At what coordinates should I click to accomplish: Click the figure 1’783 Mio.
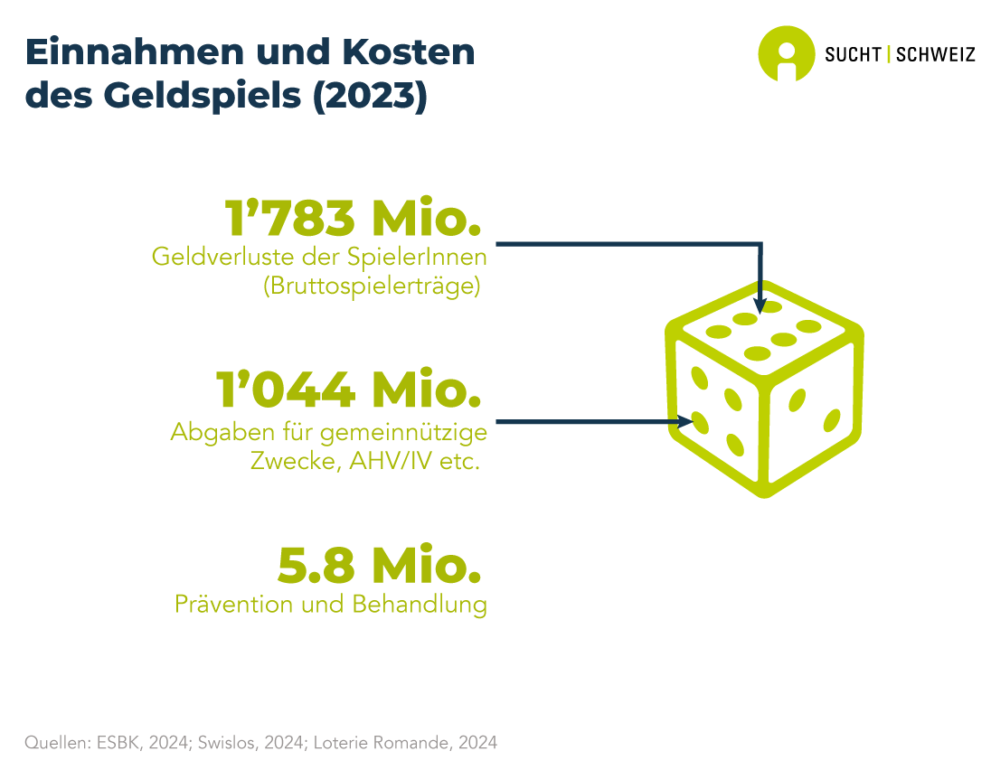click(352, 218)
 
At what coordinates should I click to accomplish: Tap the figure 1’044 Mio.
click(348, 390)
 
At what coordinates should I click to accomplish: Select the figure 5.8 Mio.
click(379, 566)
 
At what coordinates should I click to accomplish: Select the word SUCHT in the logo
click(853, 54)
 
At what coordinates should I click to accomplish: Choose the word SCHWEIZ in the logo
click(935, 54)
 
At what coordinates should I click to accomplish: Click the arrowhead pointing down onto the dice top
click(760, 305)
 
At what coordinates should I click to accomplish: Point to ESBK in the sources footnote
click(108, 743)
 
